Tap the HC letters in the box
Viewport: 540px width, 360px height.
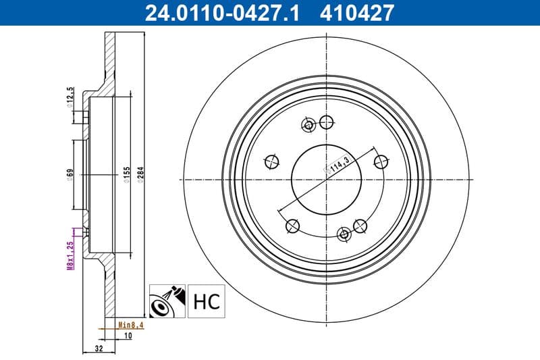click(x=207, y=301)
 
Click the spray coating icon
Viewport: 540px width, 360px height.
click(x=167, y=301)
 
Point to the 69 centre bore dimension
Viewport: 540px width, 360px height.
click(x=70, y=175)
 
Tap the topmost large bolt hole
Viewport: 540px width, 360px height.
click(x=327, y=122)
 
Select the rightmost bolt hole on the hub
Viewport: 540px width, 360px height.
click(x=381, y=161)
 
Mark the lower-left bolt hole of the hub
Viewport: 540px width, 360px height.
click(x=293, y=226)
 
